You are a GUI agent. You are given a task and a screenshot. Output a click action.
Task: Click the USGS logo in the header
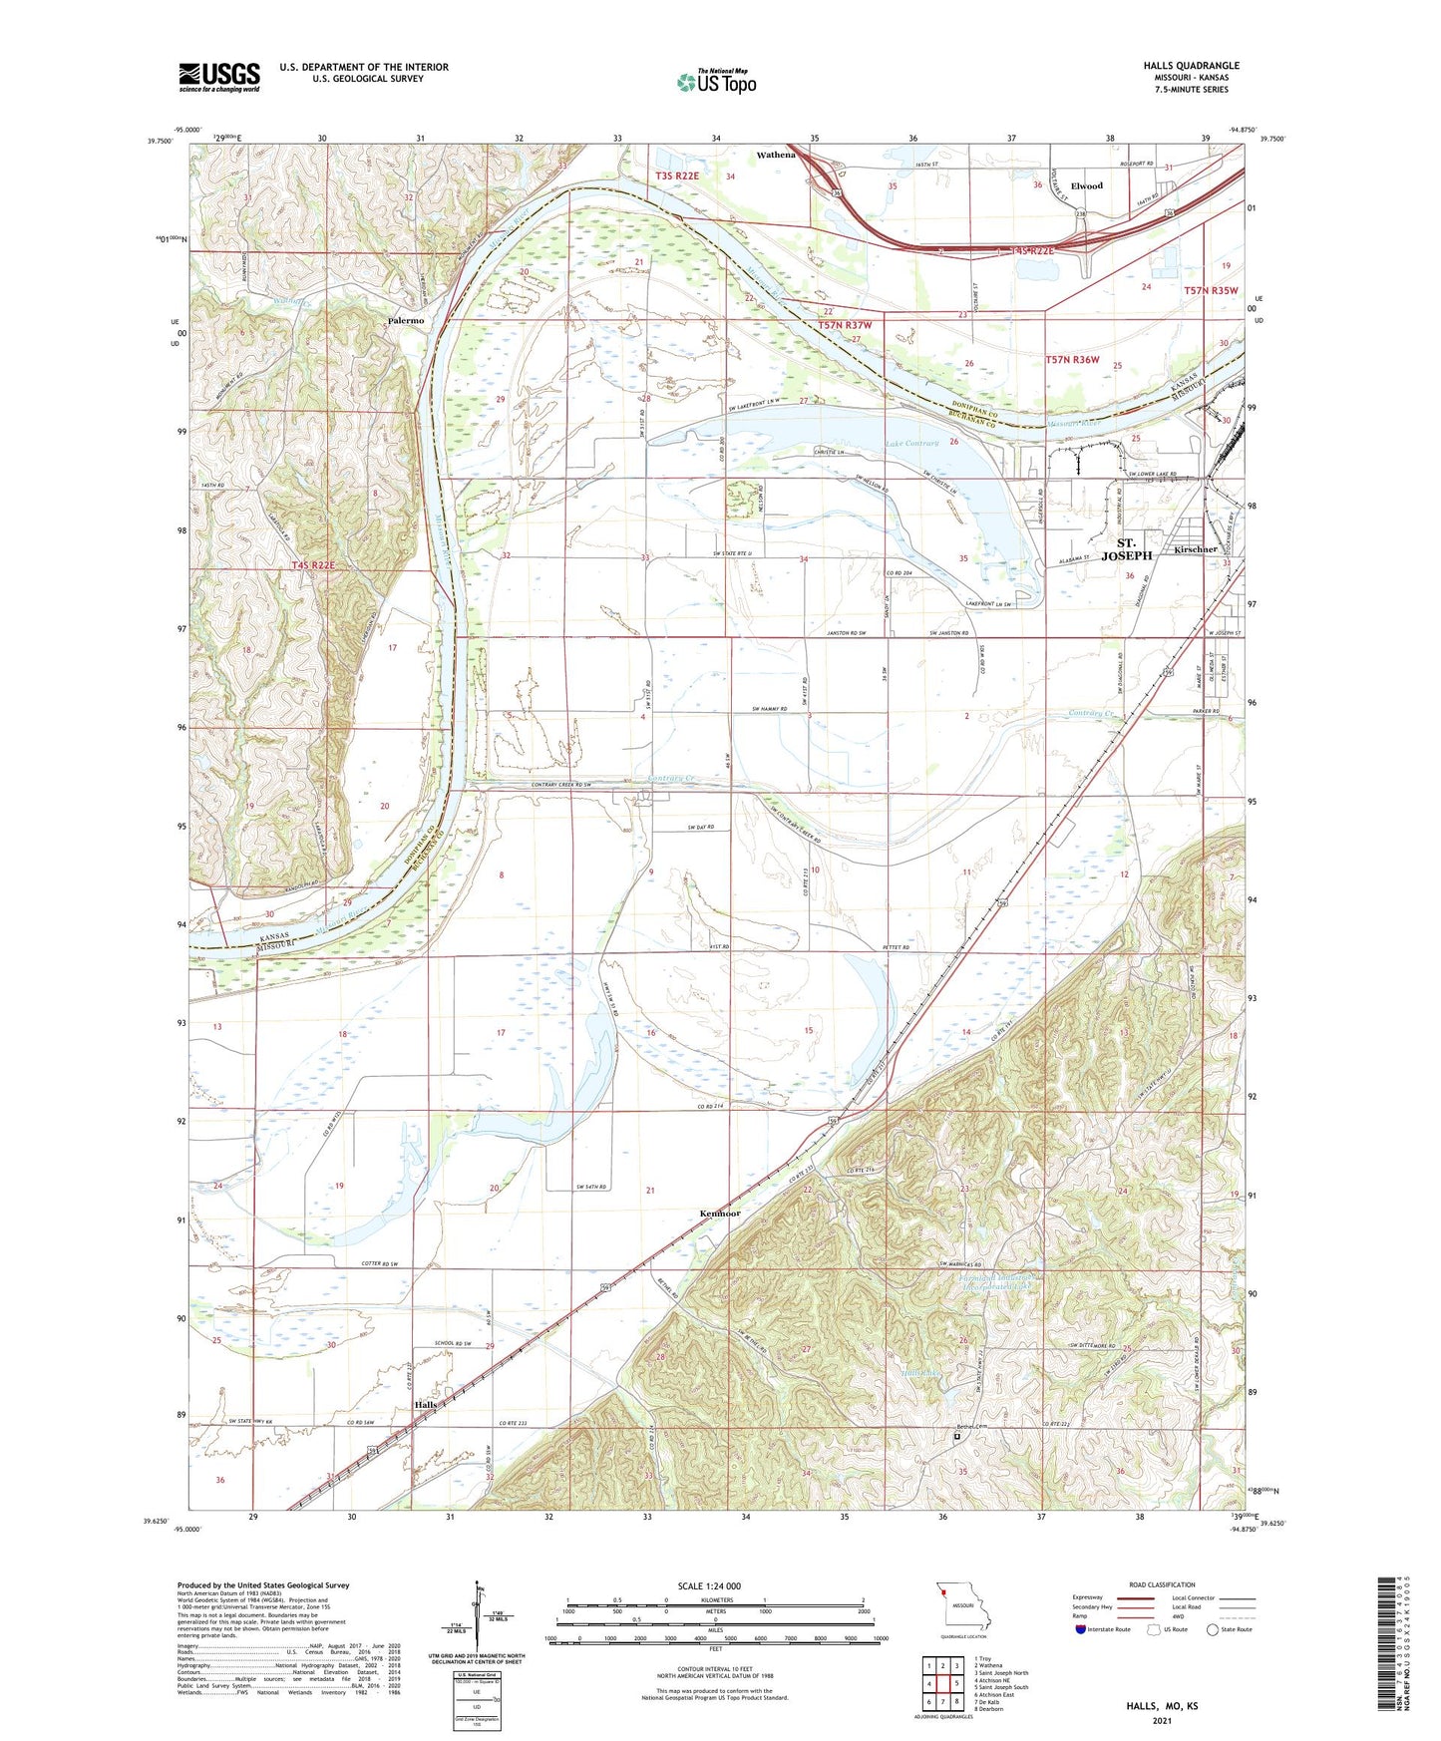pos(219,77)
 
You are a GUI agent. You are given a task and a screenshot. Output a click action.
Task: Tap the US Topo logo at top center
pos(716,82)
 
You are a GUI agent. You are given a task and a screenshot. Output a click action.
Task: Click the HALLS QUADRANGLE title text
pos(1192,66)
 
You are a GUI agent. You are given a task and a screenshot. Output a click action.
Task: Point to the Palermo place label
pos(406,321)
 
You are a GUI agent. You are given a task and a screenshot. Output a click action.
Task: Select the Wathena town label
pos(776,155)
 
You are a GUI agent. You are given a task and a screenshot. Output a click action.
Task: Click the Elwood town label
pos(1086,185)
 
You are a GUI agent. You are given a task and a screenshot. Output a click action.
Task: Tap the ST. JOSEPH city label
pos(1128,549)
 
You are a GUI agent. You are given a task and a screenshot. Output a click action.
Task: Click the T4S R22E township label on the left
pos(312,565)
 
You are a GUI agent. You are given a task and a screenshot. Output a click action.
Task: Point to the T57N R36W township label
pos(1072,359)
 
